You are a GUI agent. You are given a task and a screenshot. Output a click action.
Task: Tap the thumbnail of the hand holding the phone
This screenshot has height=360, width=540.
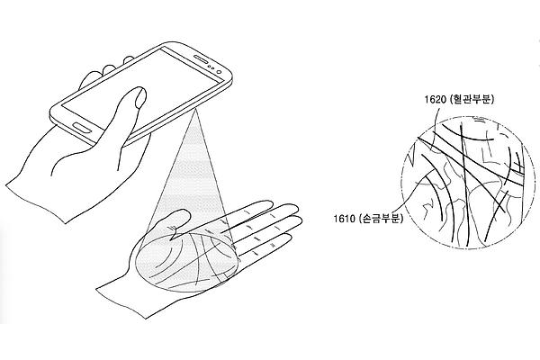click(x=140, y=95)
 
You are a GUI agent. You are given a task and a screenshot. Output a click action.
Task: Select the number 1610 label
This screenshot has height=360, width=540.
click(x=345, y=218)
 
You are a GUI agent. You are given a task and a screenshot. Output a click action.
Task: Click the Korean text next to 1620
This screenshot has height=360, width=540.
click(x=472, y=100)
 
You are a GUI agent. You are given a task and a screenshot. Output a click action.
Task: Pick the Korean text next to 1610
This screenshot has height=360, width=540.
click(x=382, y=218)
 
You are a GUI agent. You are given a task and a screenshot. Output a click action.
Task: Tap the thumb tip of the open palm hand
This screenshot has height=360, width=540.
click(x=184, y=212)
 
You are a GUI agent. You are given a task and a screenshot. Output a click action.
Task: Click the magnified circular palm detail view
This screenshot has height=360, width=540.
click(x=463, y=182)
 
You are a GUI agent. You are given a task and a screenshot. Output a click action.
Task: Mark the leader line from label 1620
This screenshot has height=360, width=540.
click(x=436, y=126)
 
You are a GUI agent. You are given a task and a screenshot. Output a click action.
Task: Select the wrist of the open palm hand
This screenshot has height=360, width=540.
click(x=121, y=300)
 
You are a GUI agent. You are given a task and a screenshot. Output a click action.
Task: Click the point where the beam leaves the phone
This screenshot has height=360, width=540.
click(x=195, y=109)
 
